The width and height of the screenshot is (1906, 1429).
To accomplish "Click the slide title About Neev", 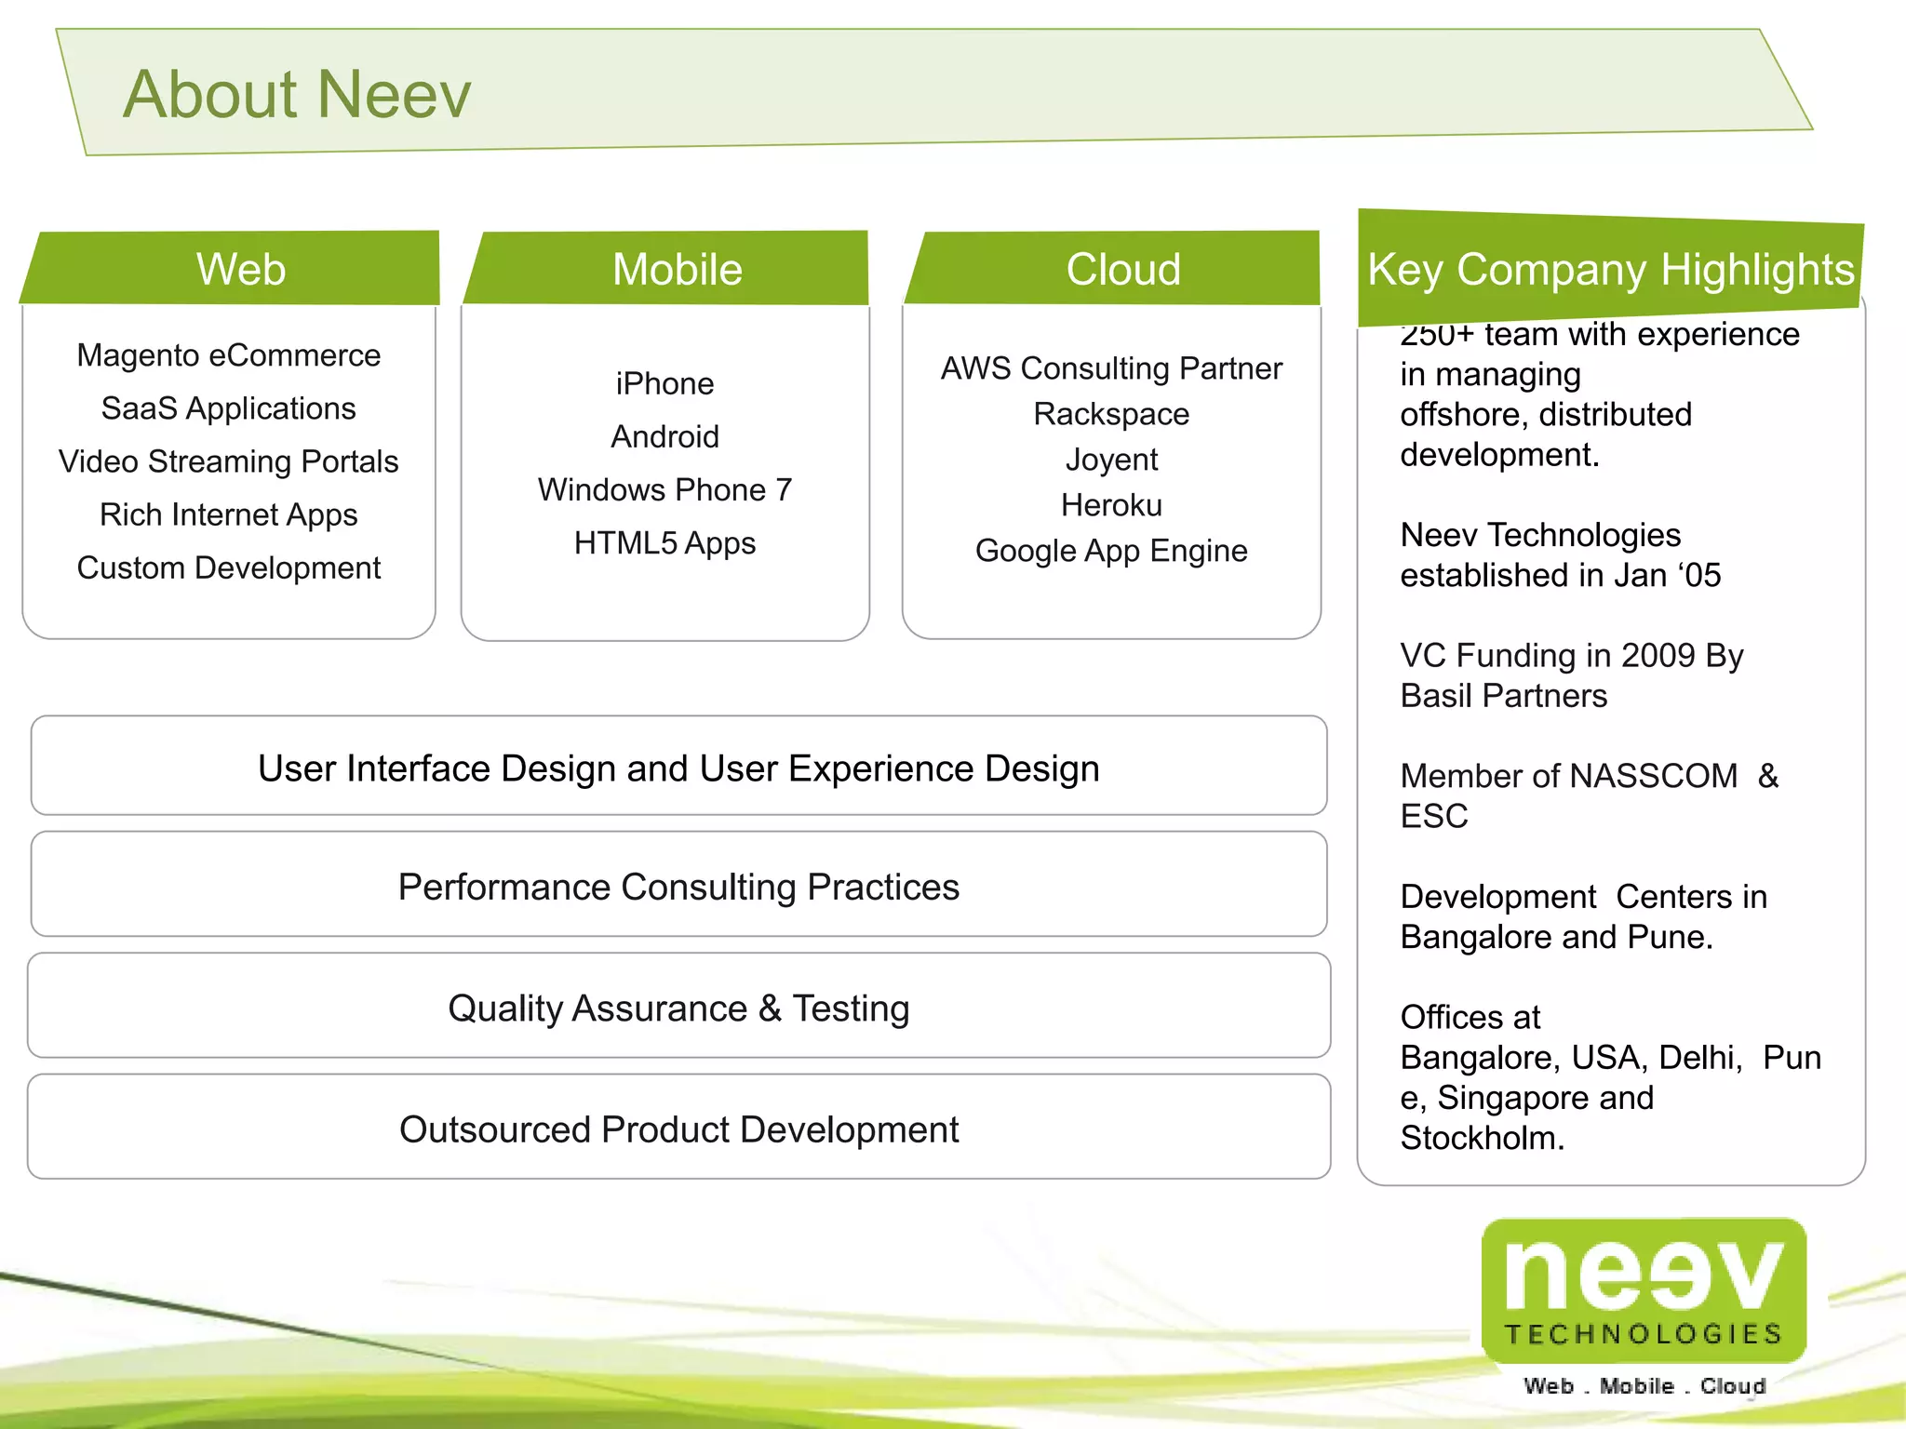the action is click(297, 94).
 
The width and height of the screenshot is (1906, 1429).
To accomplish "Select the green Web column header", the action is click(240, 269).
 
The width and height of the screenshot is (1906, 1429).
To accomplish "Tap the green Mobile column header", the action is click(677, 269).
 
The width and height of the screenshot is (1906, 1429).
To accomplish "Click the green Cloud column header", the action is click(1122, 269).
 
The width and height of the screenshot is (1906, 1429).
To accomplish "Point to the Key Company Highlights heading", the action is click(1610, 270).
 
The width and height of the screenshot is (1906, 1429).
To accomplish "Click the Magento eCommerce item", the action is click(229, 355).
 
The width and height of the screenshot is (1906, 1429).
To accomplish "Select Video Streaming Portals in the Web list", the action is click(229, 461).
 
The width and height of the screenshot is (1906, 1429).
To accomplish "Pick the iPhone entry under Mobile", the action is click(664, 383).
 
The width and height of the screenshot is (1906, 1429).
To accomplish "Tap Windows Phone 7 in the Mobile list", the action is click(664, 489).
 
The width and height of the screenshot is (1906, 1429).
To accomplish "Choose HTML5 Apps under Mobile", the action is click(664, 542).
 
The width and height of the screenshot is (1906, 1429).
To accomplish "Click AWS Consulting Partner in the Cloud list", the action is click(1111, 368).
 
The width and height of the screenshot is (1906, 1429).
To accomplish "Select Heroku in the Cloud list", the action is click(1111, 505).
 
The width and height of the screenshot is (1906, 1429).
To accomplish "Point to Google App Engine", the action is click(1111, 551).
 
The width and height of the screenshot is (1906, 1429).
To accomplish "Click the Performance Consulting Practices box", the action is click(678, 886).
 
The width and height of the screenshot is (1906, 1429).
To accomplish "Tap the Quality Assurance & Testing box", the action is click(678, 1008).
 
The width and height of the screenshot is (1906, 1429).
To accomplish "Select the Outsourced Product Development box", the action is click(678, 1129).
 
